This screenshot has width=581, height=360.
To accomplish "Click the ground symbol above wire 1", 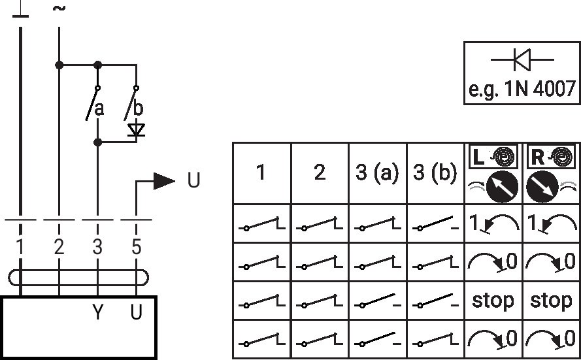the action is tap(20, 11).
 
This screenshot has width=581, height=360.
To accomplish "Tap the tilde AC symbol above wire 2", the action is tap(59, 8).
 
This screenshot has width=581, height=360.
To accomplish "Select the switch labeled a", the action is tap(92, 104).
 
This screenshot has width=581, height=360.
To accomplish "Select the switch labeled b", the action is tap(131, 104).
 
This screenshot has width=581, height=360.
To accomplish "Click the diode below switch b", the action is tap(136, 130).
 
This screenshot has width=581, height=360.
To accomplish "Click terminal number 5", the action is tap(136, 247).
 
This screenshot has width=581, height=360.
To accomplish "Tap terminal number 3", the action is tap(97, 247).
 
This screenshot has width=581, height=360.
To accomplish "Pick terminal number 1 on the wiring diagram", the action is tap(20, 247).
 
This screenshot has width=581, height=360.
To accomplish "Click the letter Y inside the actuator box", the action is tap(97, 312).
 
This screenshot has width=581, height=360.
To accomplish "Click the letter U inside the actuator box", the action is tap(136, 312).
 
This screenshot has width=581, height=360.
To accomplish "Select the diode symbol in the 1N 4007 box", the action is tap(522, 59).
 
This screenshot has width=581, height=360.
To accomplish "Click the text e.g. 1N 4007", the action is tap(522, 89).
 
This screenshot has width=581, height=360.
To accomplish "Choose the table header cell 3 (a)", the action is tap(377, 172).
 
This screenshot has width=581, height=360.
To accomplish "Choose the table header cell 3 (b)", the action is tap(435, 172).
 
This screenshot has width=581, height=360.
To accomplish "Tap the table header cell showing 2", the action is tap(320, 172).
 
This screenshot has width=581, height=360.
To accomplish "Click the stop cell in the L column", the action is tap(493, 301).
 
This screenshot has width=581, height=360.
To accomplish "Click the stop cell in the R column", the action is tap(551, 301).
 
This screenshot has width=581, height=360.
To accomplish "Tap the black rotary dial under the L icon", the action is tap(502, 187).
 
